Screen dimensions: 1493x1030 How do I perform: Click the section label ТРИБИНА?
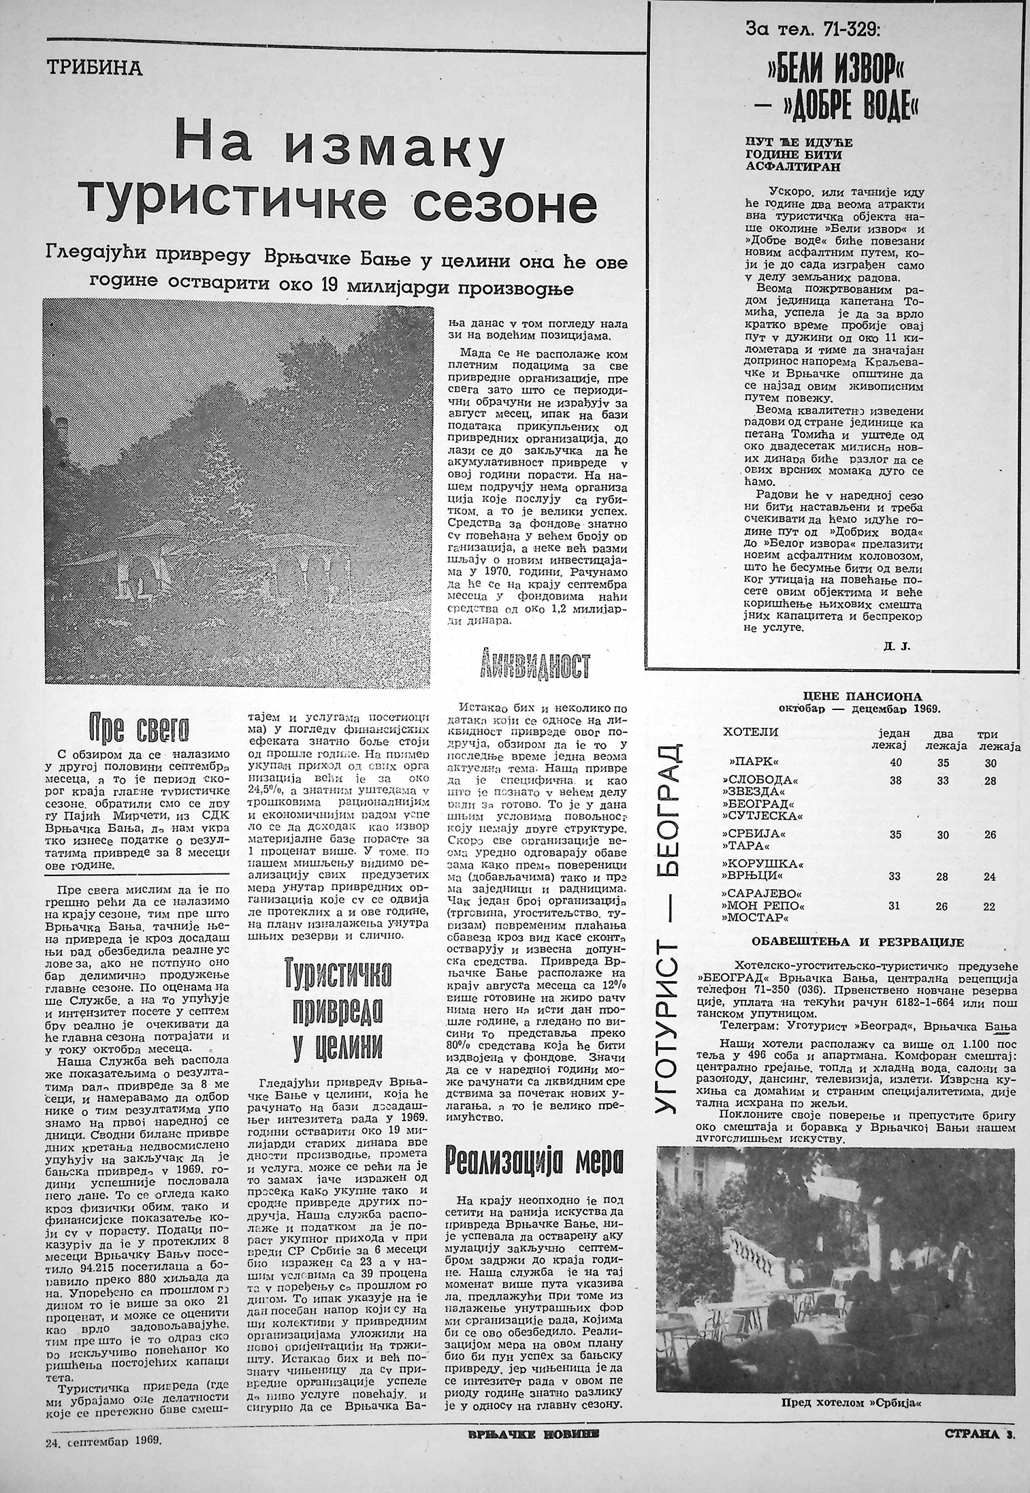click(94, 69)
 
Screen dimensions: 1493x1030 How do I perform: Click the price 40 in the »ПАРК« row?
click(895, 763)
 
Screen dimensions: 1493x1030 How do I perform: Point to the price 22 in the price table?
click(988, 906)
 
